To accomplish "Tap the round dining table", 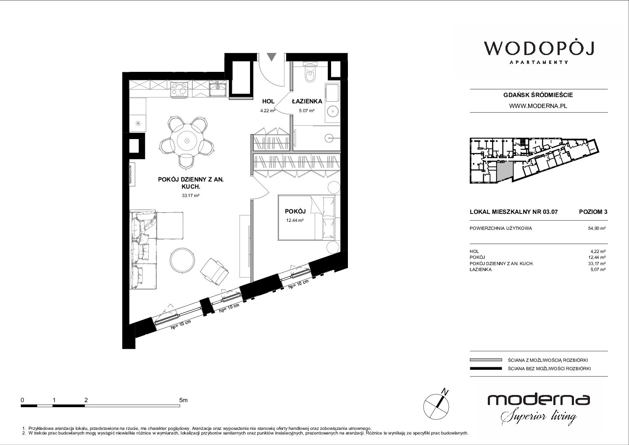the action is [187, 140].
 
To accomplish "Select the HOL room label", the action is [268, 101].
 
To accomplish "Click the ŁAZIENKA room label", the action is [307, 101].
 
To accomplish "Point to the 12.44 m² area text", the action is [295, 220].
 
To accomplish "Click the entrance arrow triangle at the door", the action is [271, 57].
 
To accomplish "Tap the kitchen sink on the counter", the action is [218, 88].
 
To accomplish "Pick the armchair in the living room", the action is [215, 271].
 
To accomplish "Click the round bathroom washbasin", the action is [332, 111].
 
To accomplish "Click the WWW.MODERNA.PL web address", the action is [538, 106].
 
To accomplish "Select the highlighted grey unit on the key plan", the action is [504, 172].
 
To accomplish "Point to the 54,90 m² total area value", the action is [597, 229].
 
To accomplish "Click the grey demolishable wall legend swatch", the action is [486, 360].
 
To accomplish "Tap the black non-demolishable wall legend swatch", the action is [486, 369].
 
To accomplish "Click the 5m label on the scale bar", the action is [183, 400].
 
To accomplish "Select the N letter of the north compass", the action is [445, 392].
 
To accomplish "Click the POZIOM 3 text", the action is [593, 212].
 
